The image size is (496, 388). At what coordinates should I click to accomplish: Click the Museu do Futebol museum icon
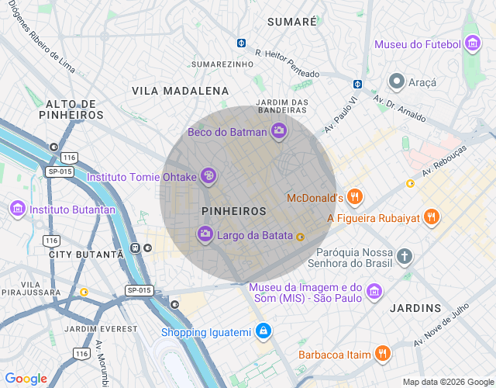(472, 44)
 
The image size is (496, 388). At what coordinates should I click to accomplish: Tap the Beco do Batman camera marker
(279, 131)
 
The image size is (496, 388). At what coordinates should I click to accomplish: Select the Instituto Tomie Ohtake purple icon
(208, 177)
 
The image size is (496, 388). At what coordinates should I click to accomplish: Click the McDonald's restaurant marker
(354, 197)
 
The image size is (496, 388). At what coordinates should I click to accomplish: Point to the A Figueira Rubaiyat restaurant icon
(432, 217)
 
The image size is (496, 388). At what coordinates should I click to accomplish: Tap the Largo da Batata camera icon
(205, 234)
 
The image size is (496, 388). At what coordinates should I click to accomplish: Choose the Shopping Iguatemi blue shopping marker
(263, 332)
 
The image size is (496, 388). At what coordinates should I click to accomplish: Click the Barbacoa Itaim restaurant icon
(382, 354)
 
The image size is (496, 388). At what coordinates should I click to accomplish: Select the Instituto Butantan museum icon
(17, 209)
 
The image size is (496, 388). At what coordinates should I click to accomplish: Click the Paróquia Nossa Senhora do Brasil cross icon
(404, 256)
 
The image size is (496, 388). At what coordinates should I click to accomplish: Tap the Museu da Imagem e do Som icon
(374, 292)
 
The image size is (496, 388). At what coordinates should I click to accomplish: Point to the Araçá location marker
(397, 81)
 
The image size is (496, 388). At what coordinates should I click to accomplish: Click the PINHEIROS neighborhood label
(233, 211)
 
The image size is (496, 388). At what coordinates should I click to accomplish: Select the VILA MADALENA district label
(180, 91)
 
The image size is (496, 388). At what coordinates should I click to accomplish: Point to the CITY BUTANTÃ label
(85, 255)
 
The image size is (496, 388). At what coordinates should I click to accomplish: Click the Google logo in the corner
(26, 378)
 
